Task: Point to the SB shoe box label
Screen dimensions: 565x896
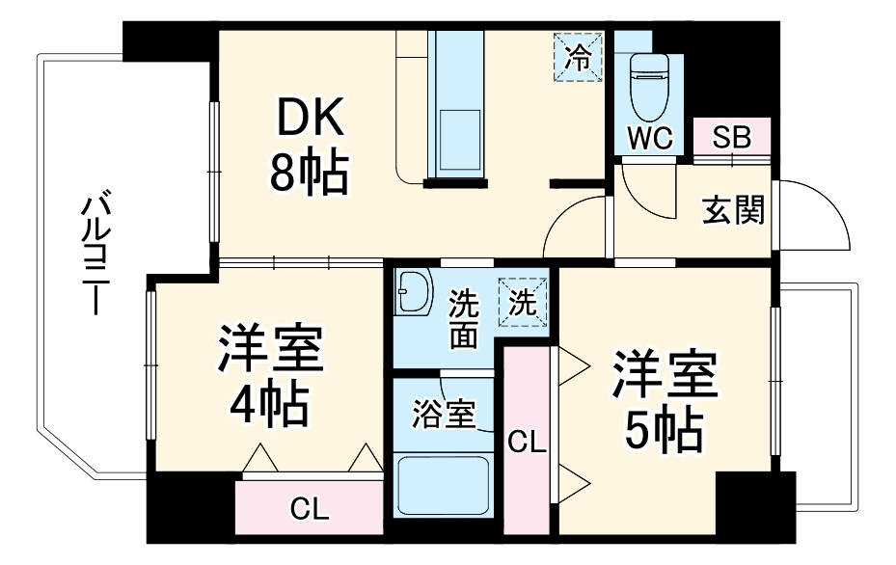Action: coord(731,137)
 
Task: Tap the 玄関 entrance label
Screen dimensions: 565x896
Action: coord(733,209)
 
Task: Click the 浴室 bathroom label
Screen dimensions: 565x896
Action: coord(444,415)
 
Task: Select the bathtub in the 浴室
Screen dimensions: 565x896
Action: coord(443,488)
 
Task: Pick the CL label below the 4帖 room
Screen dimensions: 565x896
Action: coord(310,508)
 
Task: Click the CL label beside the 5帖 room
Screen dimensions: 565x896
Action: coord(527,443)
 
